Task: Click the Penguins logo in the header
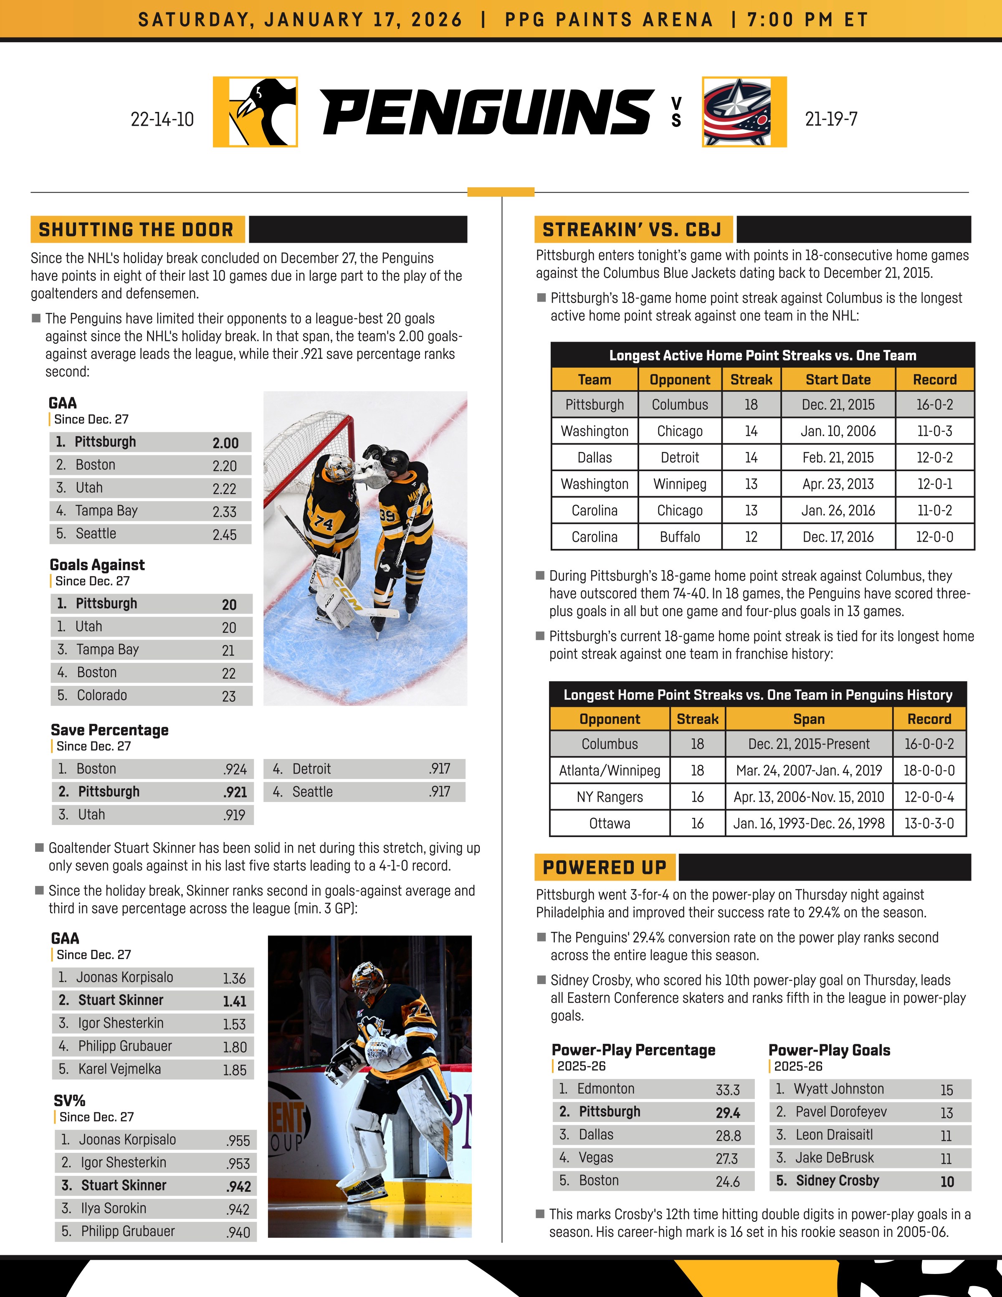click(255, 112)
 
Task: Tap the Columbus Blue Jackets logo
click(744, 112)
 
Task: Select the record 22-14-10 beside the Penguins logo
click(162, 119)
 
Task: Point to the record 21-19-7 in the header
click(831, 119)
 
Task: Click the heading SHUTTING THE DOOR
click(137, 230)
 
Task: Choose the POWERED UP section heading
click(604, 868)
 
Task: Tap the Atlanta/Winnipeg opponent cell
click(610, 771)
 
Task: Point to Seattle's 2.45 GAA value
click(224, 535)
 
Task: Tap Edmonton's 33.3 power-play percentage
click(727, 1090)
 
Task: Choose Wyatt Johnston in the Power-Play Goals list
click(838, 1089)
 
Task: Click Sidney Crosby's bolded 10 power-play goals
click(947, 1182)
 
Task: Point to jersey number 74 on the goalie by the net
click(324, 522)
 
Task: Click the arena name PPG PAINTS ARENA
click(608, 20)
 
